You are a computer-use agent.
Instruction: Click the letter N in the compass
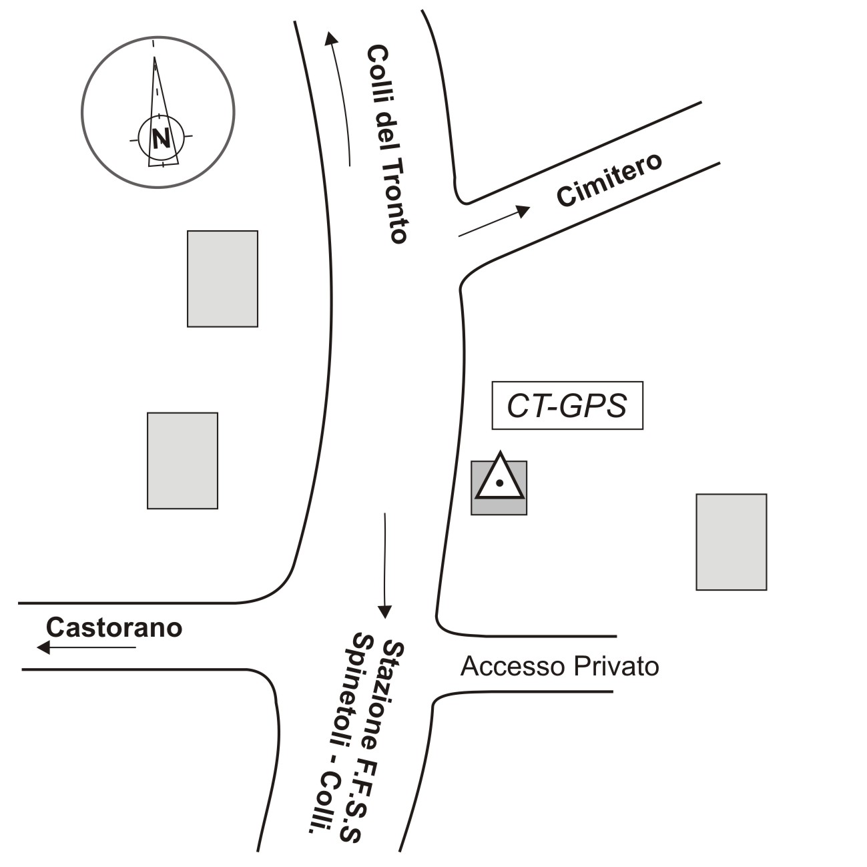(x=160, y=137)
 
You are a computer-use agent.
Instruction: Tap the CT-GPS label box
(x=567, y=405)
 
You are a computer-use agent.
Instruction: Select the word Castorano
(x=114, y=628)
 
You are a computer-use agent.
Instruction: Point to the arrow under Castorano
(x=87, y=647)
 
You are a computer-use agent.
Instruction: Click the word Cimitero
(x=609, y=180)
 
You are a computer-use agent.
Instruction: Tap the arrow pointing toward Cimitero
(x=494, y=222)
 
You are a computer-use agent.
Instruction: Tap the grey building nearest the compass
(x=222, y=278)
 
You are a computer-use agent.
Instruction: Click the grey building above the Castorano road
(x=182, y=461)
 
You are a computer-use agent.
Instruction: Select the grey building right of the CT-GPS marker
(x=731, y=542)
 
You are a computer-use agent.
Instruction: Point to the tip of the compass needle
(x=155, y=58)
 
